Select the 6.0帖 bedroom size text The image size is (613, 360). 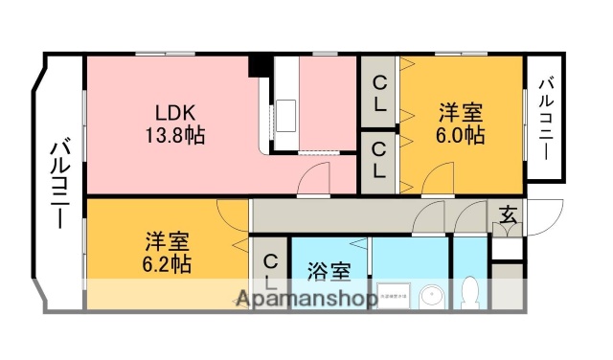point(462,134)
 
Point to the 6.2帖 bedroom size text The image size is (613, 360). point(169,263)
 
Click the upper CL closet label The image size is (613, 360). point(380,96)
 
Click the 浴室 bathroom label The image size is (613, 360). point(326,271)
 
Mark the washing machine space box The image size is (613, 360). point(392,296)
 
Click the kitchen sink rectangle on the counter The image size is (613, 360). point(288,116)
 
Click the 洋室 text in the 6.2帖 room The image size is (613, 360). point(169,239)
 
